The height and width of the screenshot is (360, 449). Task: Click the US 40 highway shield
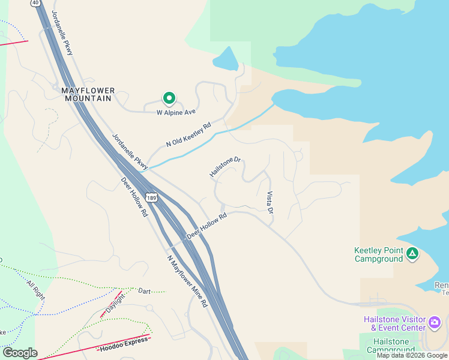coord(36,3)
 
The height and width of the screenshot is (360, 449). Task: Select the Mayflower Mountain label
coord(88,94)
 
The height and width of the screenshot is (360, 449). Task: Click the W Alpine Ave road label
coord(176,112)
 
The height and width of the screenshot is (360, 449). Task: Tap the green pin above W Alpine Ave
coord(169,98)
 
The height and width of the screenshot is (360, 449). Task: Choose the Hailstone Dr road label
coord(225,167)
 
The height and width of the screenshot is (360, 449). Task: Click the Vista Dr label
coord(270,203)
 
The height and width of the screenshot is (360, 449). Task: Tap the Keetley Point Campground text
coord(378,254)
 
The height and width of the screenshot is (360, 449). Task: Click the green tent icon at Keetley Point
coord(412,254)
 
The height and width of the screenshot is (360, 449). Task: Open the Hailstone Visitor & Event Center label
coord(394,323)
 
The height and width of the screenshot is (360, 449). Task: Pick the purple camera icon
coord(435,324)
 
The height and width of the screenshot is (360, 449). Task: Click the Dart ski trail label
coord(144,291)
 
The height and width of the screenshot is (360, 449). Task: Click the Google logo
coord(20,353)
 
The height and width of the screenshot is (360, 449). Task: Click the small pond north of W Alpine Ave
coord(225,59)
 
